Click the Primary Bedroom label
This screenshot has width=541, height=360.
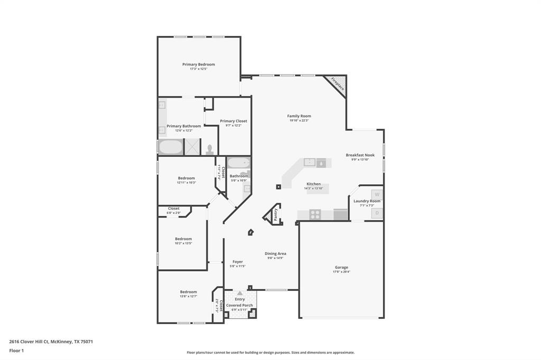199,64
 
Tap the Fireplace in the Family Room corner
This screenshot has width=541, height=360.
338,84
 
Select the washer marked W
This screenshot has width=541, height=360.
377,194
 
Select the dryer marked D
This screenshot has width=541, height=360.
377,213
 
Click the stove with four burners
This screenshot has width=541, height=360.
315,214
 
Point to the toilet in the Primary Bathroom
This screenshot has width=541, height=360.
210,149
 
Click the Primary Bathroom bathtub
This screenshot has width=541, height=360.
170,147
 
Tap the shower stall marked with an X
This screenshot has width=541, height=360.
192,147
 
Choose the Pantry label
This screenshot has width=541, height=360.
275,214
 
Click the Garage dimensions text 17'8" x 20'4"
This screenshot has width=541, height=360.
341,272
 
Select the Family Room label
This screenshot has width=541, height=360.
299,116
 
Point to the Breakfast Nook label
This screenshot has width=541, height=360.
360,155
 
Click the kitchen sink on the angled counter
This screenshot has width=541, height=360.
309,163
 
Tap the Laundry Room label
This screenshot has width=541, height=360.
367,201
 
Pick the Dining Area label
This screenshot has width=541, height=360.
275,253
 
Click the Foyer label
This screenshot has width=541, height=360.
238,262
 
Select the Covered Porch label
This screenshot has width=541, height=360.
240,305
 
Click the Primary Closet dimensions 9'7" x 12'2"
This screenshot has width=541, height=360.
234,126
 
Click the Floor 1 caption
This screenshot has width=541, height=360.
16,350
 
